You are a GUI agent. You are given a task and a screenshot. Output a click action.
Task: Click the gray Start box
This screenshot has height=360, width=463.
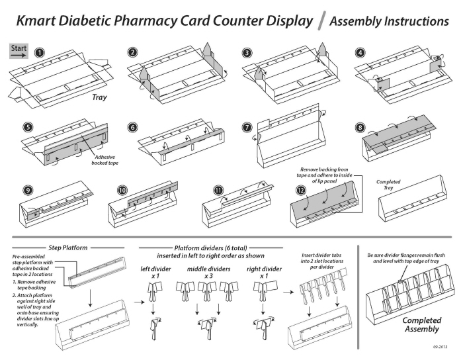pyautogui.click(x=18, y=49)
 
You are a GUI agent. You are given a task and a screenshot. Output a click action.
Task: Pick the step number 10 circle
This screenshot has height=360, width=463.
pyautogui.click(x=122, y=189)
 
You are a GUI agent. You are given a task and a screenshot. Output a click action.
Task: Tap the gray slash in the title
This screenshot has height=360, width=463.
pyautogui.click(x=321, y=22)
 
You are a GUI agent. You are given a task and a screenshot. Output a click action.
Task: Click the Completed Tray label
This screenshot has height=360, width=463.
pyautogui.click(x=388, y=185)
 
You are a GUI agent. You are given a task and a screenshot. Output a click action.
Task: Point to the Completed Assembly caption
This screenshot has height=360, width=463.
pyautogui.click(x=421, y=324)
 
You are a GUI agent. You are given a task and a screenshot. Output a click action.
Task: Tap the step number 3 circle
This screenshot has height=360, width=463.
pyautogui.click(x=247, y=52)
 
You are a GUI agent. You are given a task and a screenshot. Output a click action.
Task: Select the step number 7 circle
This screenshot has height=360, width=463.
pyautogui.click(x=247, y=126)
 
